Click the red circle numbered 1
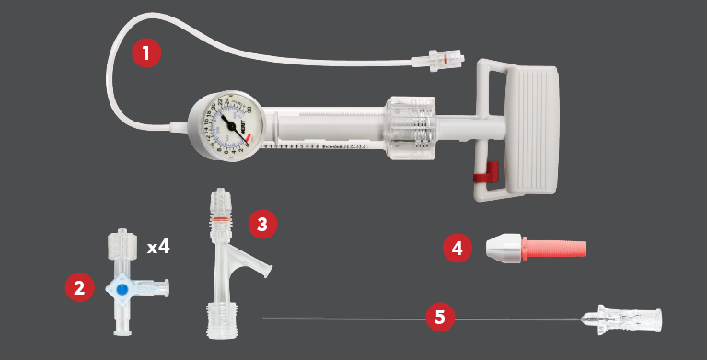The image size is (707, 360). coord(146,52)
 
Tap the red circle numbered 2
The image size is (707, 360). coord(80,287)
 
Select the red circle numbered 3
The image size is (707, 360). coord(262,224)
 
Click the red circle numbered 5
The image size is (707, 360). coord(440,319)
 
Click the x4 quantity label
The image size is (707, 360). coord(158,247)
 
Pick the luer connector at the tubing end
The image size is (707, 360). coord(435,59)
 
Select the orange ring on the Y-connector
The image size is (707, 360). coord(220,219)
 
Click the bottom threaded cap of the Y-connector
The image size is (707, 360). coord(221,318)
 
